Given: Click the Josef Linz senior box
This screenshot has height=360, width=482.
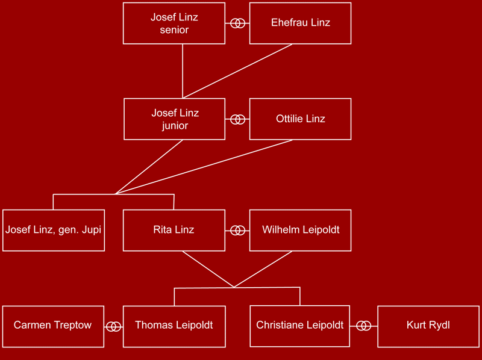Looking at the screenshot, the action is [x=174, y=23].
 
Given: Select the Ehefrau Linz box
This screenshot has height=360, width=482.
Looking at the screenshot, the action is [x=300, y=23].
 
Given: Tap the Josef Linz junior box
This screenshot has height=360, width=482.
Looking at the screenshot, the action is [x=174, y=119].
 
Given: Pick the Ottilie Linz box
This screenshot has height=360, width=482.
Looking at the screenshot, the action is [x=300, y=119].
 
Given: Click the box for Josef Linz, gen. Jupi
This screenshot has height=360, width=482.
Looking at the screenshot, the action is [x=54, y=231].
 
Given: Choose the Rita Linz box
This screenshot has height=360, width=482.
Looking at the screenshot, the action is [x=174, y=231].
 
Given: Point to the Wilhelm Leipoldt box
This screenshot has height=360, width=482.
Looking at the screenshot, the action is [x=300, y=231].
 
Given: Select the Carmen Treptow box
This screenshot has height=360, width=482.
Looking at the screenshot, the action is [x=53, y=326].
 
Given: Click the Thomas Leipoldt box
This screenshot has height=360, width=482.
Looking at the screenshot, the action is [x=174, y=326].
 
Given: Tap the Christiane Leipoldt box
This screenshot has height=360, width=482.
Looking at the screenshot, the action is [x=299, y=326].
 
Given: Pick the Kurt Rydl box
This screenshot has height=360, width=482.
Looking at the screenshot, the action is [x=428, y=326].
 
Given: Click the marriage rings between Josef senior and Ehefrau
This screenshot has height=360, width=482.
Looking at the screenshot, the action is [x=237, y=23].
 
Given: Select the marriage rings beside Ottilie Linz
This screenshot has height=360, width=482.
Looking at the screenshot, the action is [x=237, y=119].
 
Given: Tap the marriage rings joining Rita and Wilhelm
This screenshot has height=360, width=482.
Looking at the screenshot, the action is [x=237, y=231].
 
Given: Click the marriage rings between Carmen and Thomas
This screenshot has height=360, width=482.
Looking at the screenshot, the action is [x=114, y=327].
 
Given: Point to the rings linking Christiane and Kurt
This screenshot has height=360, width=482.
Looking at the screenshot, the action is [x=364, y=326].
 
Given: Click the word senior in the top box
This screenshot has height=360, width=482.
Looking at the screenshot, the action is [x=174, y=29].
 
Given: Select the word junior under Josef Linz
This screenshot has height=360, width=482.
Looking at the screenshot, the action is [x=175, y=126].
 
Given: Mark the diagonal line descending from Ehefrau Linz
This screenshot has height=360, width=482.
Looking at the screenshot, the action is [x=237, y=71].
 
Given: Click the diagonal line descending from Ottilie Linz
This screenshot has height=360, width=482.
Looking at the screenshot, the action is [x=204, y=167].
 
